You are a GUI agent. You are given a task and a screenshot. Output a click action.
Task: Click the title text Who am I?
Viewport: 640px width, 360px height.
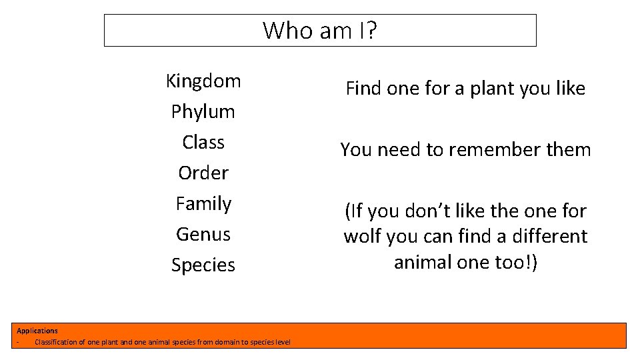point(319,31)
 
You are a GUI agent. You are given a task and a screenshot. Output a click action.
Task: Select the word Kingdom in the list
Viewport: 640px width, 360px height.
point(203,81)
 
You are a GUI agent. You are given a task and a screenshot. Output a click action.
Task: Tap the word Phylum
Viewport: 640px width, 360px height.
point(203,112)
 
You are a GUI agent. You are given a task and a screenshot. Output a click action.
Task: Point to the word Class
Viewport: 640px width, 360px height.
point(203,143)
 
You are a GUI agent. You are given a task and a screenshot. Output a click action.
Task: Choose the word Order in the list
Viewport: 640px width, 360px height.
point(203,173)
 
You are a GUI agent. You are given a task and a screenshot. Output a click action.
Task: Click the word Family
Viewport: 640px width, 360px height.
point(203,203)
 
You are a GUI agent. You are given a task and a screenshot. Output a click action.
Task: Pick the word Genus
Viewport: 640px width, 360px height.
point(203,234)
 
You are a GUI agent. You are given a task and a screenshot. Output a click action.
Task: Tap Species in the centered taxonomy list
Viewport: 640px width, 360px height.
point(203,265)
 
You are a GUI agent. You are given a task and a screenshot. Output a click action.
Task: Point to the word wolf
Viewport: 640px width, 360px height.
point(360,237)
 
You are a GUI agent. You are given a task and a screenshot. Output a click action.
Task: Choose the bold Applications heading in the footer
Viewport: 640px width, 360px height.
point(37,331)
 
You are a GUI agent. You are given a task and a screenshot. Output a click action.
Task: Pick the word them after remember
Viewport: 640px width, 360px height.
point(569,150)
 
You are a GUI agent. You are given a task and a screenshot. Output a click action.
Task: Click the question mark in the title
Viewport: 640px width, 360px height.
point(371,31)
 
